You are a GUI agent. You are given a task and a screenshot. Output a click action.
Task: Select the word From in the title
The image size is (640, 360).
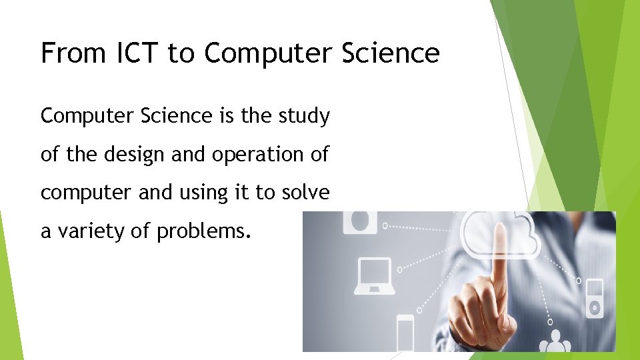[69, 53]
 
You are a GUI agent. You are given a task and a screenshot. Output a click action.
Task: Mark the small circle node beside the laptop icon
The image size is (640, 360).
[399, 270]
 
